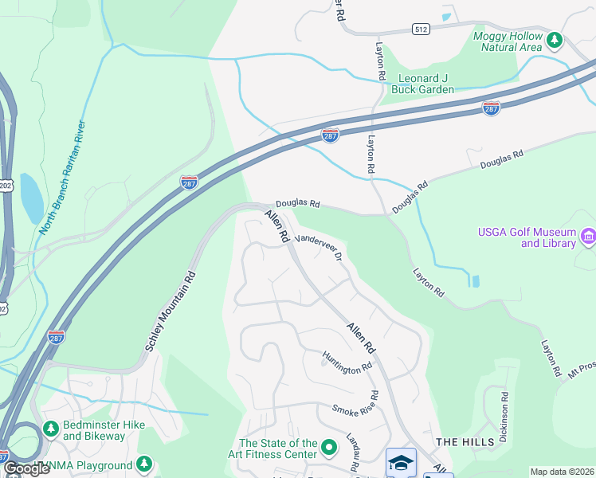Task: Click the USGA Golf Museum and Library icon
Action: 588,236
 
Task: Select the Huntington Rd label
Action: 347,361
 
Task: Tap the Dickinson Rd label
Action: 504,417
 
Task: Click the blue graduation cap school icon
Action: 400,463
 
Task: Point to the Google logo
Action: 26,468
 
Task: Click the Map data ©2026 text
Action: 561,472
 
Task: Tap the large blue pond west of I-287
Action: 32,198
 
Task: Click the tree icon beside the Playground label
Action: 143,464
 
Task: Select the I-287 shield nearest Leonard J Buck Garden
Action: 491,107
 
